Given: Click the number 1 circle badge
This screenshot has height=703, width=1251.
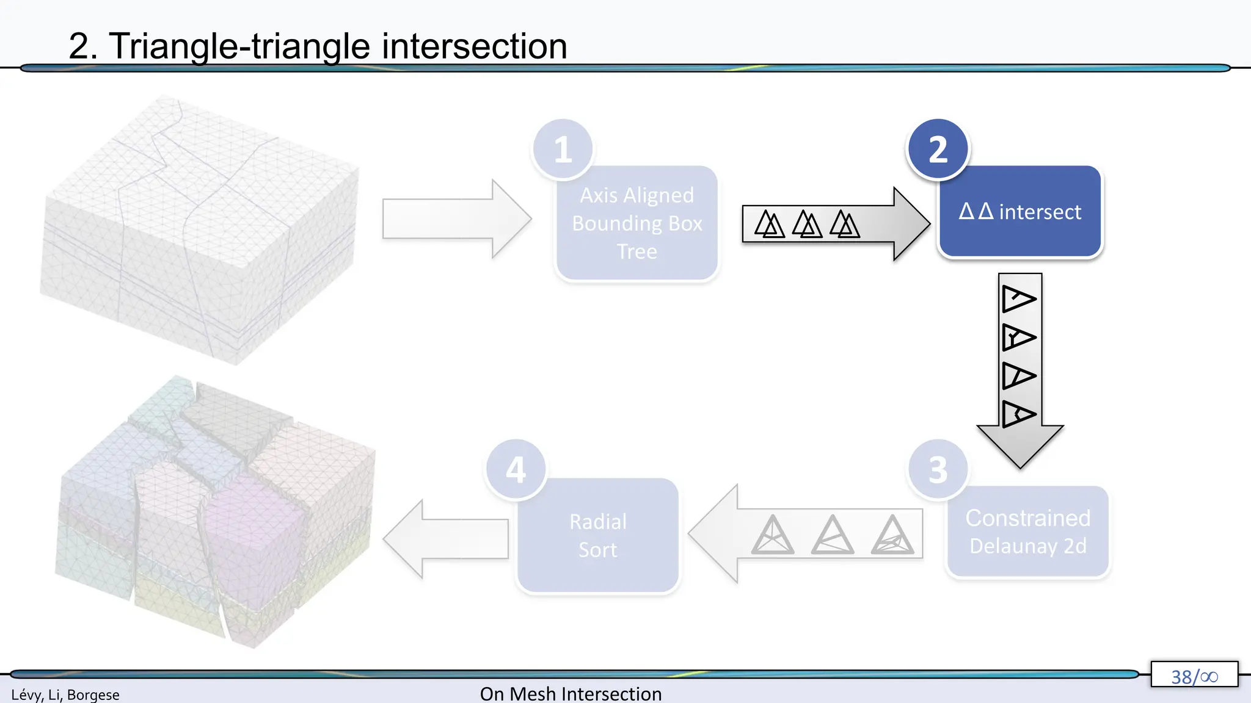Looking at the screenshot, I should (563, 149).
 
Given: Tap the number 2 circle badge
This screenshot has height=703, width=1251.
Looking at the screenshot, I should (938, 149).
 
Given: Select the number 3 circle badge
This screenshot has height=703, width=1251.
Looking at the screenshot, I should (938, 469).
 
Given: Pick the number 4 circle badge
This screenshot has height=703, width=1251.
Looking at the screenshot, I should (516, 469).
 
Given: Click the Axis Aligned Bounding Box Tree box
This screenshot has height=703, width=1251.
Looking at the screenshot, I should (636, 224).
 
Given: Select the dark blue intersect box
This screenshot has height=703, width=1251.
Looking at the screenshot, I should (1019, 212).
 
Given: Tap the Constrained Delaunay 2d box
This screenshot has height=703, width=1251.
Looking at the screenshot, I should (1027, 532).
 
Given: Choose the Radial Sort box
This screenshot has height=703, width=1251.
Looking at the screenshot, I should (597, 536).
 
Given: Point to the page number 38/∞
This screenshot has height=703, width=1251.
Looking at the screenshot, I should (1194, 676).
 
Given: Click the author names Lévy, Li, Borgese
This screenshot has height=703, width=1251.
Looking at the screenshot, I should (65, 694).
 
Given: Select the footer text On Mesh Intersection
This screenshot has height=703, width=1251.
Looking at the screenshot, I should (571, 694).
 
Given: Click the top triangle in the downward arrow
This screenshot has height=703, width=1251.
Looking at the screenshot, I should (1018, 299).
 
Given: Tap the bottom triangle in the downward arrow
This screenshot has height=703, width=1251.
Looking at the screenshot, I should (1018, 414).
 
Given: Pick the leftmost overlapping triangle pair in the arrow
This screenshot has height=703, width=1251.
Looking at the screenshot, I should (769, 224).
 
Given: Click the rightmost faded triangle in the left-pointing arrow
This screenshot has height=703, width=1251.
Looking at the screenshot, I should (892, 535).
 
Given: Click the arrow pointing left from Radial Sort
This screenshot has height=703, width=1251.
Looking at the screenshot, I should (446, 538).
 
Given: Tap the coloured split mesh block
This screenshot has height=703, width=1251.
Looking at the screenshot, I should (214, 513).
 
